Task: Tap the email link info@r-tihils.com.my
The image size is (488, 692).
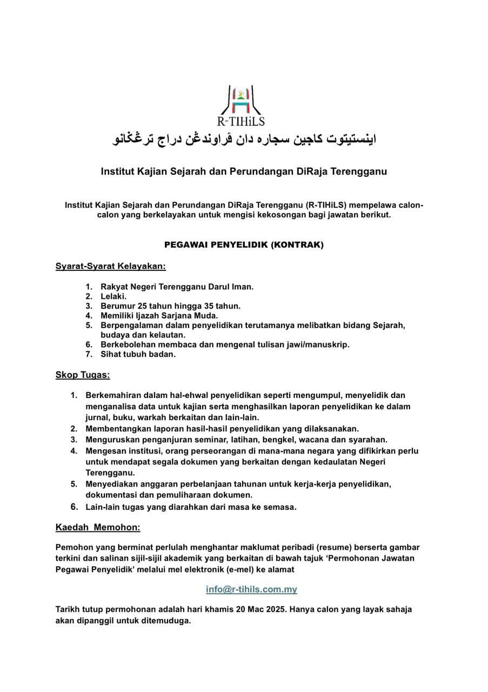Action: [x=251, y=589]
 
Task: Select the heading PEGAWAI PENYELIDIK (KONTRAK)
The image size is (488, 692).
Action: [x=244, y=245]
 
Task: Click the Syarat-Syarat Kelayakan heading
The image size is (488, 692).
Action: [x=111, y=266]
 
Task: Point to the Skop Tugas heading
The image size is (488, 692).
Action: [x=83, y=375]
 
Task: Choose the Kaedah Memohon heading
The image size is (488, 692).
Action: [x=98, y=527]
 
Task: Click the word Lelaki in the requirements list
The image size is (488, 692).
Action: [x=113, y=296]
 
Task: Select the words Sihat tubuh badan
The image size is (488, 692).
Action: [x=138, y=355]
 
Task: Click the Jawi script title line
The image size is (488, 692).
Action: [x=244, y=139]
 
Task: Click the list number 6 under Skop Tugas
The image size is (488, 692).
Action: [x=74, y=507]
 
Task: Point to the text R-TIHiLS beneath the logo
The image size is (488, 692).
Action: [x=244, y=122]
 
